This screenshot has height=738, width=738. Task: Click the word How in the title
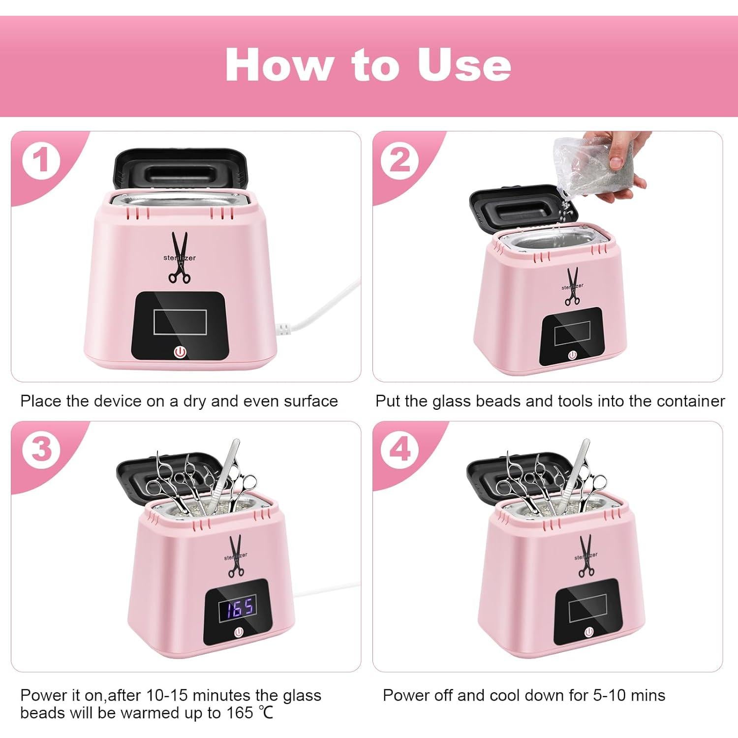pos(278,65)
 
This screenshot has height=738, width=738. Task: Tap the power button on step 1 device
pos(180,352)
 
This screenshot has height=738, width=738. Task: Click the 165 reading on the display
pos(237,607)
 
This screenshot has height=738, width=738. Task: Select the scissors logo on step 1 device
pos(180,258)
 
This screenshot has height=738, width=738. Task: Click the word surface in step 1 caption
pos(310,401)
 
